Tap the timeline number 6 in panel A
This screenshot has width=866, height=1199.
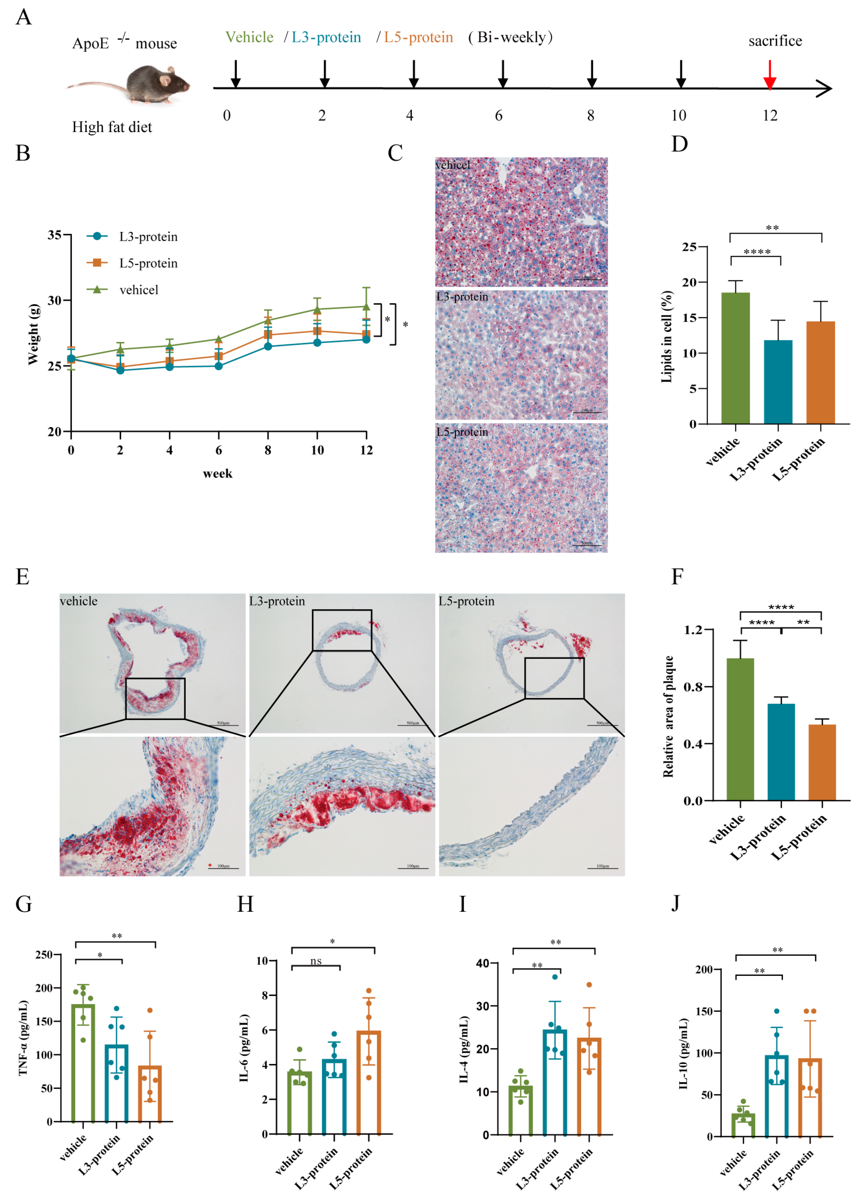coord(498,116)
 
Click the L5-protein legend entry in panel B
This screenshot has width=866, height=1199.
coord(148,263)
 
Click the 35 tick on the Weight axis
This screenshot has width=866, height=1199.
coord(54,235)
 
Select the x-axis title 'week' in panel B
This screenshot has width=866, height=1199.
coord(217,474)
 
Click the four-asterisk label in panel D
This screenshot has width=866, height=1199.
coord(756,252)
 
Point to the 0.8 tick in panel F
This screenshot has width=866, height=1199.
coord(693,687)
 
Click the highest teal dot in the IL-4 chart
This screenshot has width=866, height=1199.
coord(555,977)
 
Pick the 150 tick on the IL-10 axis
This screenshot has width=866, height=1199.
coord(705,1011)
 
